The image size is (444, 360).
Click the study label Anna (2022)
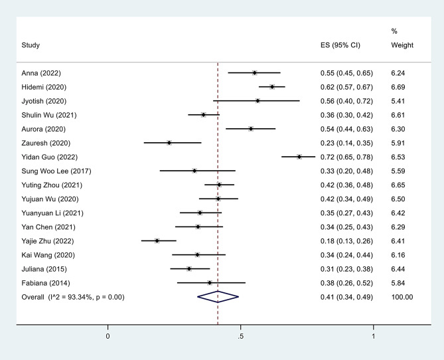coord(41,73)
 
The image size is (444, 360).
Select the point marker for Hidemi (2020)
coord(272,87)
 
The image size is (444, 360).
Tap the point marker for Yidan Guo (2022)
coord(299,157)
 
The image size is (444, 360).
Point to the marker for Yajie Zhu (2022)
coord(157,240)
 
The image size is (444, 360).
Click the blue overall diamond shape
coord(218,297)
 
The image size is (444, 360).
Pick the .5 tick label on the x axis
coord(240,336)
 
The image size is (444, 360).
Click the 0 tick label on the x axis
coord(108,336)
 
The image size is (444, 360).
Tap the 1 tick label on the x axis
coord(374,336)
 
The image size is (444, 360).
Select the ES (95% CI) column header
coord(340,45)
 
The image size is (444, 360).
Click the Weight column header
coord(402,45)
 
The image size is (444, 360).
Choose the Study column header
coord(31,45)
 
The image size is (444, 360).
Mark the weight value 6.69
coord(398,87)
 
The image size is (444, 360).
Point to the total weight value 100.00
coord(402,297)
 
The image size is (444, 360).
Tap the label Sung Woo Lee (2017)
coord(56,171)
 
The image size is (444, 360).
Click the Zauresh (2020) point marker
coord(169,143)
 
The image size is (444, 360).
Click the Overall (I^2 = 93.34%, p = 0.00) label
coord(73,297)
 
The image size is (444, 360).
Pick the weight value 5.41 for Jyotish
coord(398,101)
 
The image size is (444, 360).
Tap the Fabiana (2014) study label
coord(46,283)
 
